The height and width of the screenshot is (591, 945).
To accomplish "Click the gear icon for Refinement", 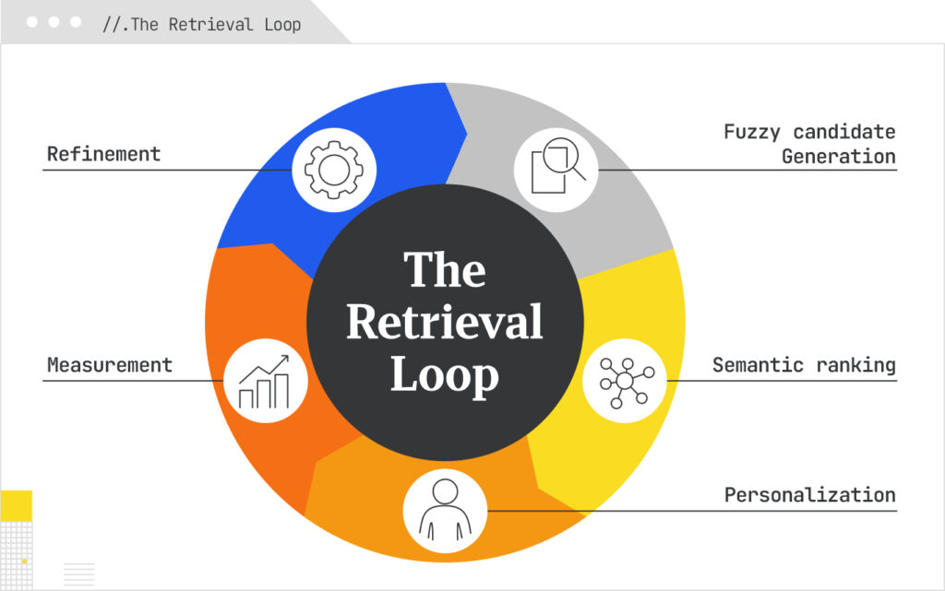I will (334, 170).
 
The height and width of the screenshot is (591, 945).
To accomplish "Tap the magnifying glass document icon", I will (556, 169).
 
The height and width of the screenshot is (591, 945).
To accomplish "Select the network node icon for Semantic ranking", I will (625, 380).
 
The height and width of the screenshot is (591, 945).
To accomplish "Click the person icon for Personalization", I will (445, 509).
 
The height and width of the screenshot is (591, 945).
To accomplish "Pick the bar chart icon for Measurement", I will (266, 381).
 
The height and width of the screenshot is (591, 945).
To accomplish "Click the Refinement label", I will (103, 154).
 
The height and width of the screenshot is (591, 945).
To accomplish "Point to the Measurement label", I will (110, 365).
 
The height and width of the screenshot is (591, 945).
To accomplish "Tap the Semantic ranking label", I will (804, 365).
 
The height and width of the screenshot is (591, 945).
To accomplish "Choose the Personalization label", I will (809, 495).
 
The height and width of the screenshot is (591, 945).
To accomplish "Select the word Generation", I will (838, 156).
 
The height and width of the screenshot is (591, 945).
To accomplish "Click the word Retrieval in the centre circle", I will (444, 323).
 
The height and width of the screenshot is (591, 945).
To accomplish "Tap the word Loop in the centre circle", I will (444, 374).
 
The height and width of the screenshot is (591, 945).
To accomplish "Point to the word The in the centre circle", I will (444, 271).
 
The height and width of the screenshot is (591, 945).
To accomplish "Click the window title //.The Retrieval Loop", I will (201, 24).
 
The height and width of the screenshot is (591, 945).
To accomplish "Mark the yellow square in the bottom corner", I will (16, 505).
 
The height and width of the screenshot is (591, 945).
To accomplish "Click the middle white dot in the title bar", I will (54, 22).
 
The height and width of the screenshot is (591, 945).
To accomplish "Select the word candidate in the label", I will (843, 132).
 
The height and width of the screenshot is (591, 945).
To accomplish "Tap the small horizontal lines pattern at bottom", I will (79, 573).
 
